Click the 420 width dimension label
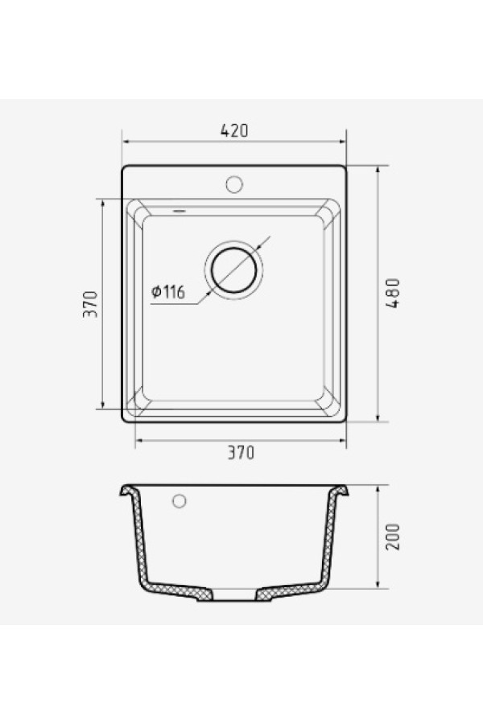[234, 130]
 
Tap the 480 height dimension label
[392, 293]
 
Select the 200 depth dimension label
[392, 537]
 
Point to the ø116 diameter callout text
[168, 291]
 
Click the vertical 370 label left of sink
[91, 304]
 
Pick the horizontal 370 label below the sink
[241, 452]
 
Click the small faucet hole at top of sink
[234, 184]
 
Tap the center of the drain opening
[234, 270]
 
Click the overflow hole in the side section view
[179, 501]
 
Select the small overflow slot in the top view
[179, 211]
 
